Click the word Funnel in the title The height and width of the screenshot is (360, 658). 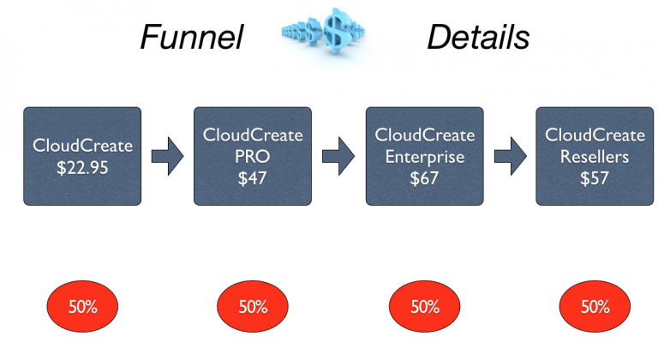point(192,36)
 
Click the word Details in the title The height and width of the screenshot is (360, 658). point(478,36)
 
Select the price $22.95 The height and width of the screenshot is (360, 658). point(82,166)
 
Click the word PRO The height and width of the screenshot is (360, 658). point(253,156)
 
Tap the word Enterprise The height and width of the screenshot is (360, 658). point(424,156)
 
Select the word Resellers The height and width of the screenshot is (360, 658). point(595,156)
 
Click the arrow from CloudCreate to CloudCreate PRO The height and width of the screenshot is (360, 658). point(167,156)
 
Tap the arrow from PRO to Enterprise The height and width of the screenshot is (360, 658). point(338,156)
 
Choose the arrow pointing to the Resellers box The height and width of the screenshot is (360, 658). point(509,156)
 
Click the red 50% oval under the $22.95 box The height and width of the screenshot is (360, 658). point(82,306)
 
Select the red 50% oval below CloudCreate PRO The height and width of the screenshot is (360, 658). point(253,306)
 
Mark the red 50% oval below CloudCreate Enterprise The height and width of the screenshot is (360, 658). point(424,306)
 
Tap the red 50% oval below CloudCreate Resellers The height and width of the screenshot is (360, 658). point(595,306)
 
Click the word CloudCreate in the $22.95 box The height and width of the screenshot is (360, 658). point(82,146)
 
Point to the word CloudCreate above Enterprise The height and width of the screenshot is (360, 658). point(424,135)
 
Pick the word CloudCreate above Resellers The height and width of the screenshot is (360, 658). point(595,135)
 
